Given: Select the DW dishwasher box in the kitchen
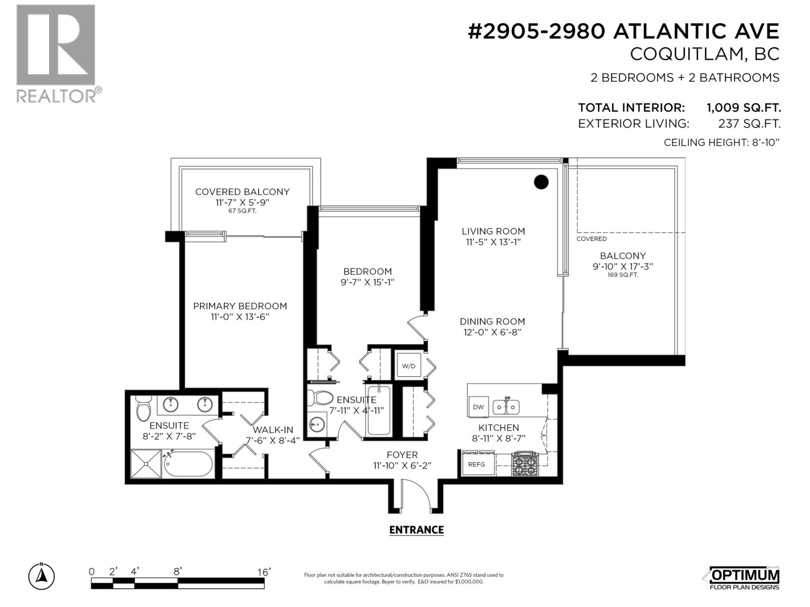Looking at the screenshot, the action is coord(478,407).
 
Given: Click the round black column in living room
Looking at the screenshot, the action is coord(541,182).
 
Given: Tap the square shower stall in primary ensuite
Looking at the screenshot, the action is coord(146,463).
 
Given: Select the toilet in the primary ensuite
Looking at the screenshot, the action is coord(144,408).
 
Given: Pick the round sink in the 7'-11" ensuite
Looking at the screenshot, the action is coord(317,424).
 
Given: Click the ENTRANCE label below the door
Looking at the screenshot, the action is coord(416,530).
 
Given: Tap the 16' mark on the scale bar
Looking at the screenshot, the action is coord(264,572).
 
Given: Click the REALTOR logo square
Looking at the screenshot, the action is coord(56,45).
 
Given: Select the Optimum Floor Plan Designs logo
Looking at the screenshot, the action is coord(744,578).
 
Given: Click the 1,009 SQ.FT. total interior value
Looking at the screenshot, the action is coord(743,108).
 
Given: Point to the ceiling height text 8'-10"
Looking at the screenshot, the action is coord(766,142).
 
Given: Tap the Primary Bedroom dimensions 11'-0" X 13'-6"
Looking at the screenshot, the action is coord(240,317).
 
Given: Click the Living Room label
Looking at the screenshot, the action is coord(494,231).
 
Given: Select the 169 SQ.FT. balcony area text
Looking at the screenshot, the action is coord(623,275).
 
